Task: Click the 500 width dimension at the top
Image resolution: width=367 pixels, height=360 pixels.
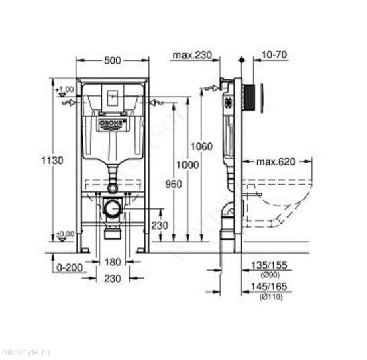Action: [x=113, y=61]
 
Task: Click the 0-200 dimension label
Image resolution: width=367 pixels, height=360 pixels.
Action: [x=68, y=267]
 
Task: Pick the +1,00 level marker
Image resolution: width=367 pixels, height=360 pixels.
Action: [x=64, y=90]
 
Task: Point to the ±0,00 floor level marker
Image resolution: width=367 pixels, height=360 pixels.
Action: [x=65, y=234]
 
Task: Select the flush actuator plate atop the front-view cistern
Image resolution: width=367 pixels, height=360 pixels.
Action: [x=112, y=95]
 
